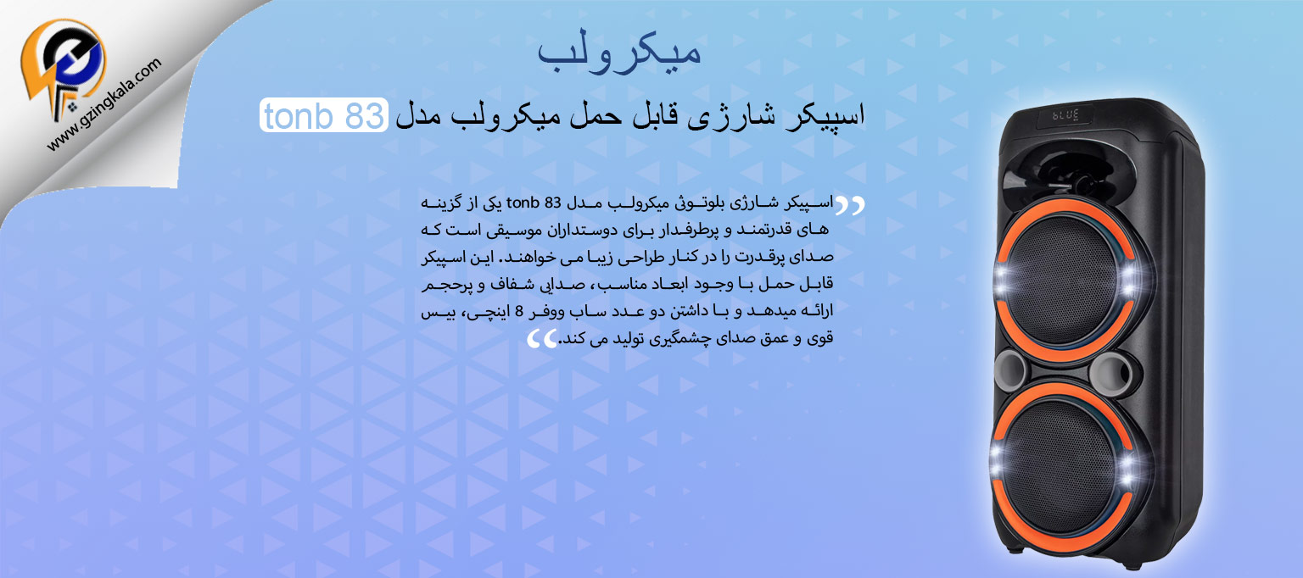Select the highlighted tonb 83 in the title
322,115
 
